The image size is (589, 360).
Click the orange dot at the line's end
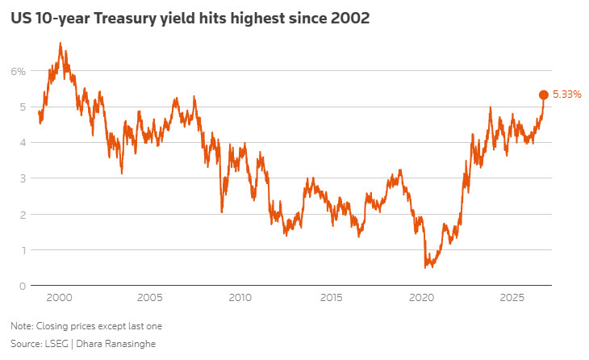pyautogui.click(x=543, y=95)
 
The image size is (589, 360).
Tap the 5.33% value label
pyautogui.click(x=567, y=94)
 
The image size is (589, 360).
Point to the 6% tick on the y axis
pyautogui.click(x=19, y=71)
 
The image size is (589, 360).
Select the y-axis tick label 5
pyautogui.click(x=23, y=107)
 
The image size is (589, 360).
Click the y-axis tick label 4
pyautogui.click(x=23, y=143)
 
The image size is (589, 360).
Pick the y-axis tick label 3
pyautogui.click(x=23, y=178)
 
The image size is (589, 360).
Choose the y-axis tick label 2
pyautogui.click(x=23, y=215)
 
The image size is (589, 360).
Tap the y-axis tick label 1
pyautogui.click(x=23, y=250)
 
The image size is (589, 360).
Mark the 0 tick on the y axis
pyautogui.click(x=23, y=287)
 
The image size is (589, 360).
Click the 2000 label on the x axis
pyautogui.click(x=59, y=298)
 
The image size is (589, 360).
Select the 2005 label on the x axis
pyautogui.click(x=149, y=298)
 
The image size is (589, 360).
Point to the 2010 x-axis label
pyautogui.click(x=240, y=298)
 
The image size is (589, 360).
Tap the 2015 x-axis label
pyautogui.click(x=331, y=298)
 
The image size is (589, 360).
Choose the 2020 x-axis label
pyautogui.click(x=421, y=298)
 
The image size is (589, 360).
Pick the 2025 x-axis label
pyautogui.click(x=512, y=298)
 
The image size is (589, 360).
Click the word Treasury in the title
pyautogui.click(x=125, y=19)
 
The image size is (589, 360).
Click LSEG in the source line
pyautogui.click(x=56, y=344)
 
